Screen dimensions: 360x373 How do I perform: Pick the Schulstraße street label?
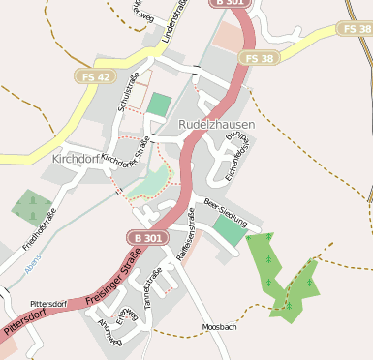click(x=128, y=92)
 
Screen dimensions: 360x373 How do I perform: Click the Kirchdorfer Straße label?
click(x=126, y=155)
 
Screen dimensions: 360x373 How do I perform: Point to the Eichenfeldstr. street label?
click(x=231, y=162)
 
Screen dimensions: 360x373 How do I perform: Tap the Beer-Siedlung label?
click(x=226, y=211)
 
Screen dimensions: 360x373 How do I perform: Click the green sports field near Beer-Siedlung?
click(x=230, y=230)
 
